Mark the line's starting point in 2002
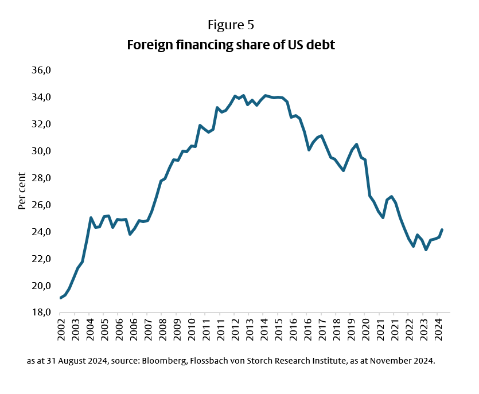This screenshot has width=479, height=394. click(61, 298)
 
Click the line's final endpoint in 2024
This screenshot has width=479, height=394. click(442, 229)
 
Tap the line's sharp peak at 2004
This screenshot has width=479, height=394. click(91, 218)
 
